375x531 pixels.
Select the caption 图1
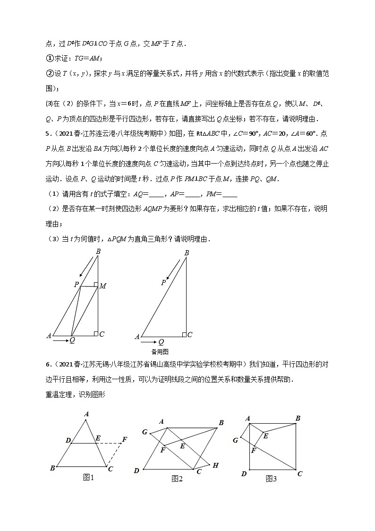click(89, 478)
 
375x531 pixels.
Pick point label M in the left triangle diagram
click(102, 286)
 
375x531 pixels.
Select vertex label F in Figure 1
click(125, 440)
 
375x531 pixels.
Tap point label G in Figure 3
click(235, 440)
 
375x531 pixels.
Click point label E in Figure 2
click(182, 445)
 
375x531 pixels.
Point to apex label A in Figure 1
click(86, 414)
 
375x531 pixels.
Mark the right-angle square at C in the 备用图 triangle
click(184, 334)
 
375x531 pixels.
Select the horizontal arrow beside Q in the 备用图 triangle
click(149, 341)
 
